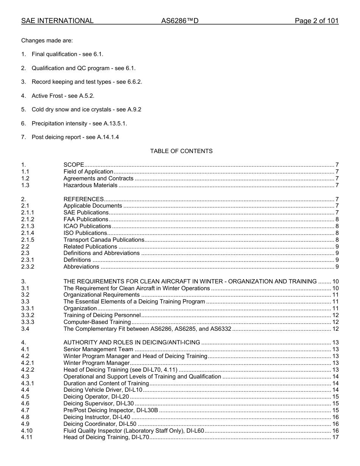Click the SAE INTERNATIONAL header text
[57, 21]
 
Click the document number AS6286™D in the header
[180, 21]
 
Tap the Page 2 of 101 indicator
[316, 21]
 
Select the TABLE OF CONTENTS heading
[181, 151]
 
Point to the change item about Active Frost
[63, 96]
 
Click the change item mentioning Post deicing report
[75, 137]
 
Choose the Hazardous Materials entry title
[90, 185]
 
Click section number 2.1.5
[28, 240]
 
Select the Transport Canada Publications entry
[103, 240]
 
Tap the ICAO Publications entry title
[87, 226]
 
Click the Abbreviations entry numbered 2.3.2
[81, 267]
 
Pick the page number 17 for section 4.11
[335, 438]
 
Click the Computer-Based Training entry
[97, 322]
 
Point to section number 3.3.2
[28, 315]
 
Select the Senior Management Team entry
[98, 349]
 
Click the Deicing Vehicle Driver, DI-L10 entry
[103, 390]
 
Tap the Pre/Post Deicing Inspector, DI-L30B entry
[111, 410]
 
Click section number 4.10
[27, 431]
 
